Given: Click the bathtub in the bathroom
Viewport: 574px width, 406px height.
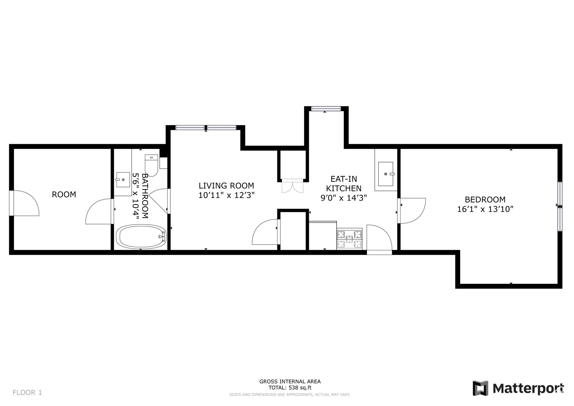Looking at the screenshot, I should [x=141, y=237].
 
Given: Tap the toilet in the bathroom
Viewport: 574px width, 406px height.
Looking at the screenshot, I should [x=151, y=165].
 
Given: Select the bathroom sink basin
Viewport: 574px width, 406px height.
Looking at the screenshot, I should [x=123, y=179].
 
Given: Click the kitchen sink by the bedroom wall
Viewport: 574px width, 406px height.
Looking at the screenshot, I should [x=386, y=174].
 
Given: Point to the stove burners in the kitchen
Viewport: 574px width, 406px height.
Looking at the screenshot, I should [x=349, y=239].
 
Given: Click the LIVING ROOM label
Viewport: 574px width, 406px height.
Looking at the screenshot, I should [x=226, y=186].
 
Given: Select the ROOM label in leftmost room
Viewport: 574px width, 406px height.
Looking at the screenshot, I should [x=64, y=194].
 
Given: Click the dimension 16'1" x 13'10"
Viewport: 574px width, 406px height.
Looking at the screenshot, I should [x=485, y=209].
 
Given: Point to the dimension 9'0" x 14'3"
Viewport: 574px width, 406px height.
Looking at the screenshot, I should [x=344, y=198].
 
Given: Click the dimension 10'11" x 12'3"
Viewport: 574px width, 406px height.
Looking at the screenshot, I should [x=226, y=195].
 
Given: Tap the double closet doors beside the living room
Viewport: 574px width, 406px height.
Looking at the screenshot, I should [x=292, y=186].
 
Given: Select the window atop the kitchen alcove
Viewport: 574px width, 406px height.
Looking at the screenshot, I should [x=326, y=109].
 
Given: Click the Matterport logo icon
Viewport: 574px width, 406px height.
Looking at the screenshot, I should [x=480, y=388].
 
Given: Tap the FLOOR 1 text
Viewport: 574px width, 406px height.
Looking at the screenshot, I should [x=27, y=393].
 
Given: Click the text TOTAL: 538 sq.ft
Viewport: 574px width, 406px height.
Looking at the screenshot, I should [x=290, y=388].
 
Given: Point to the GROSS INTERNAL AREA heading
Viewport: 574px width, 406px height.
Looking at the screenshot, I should [x=290, y=381].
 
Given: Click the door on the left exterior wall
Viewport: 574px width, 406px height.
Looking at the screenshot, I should [x=11, y=203].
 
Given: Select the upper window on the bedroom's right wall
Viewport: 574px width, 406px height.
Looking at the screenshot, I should [x=560, y=193].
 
